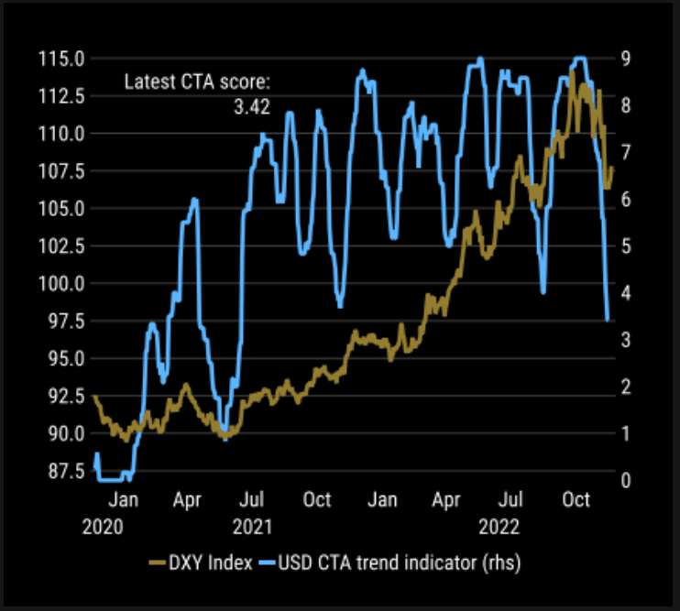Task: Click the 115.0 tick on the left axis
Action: pyautogui.click(x=61, y=59)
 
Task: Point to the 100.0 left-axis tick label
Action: pyautogui.click(x=61, y=283)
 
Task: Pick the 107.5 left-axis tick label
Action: pyautogui.click(x=61, y=170)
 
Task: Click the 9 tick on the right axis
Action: pyautogui.click(x=625, y=59)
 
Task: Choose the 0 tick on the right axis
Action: pyautogui.click(x=625, y=480)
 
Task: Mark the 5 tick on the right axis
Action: pyautogui.click(x=625, y=245)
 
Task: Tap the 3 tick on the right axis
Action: pyautogui.click(x=625, y=340)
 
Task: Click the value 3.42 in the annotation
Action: pyautogui.click(x=251, y=107)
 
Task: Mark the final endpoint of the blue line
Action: pyautogui.click(x=609, y=320)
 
